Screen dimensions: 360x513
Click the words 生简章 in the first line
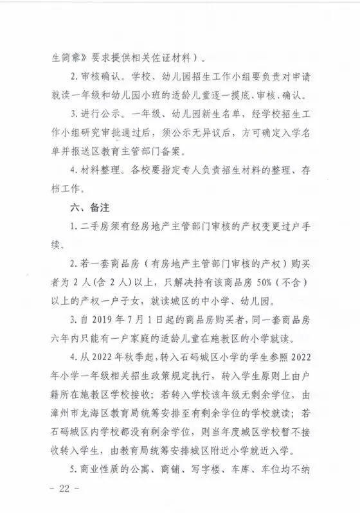click(64, 57)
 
